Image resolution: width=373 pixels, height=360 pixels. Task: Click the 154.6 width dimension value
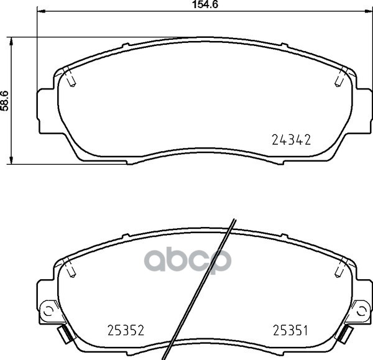[x=205, y=4]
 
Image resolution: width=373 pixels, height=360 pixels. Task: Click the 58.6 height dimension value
[x=5, y=101]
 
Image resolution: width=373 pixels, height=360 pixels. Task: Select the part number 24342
[x=291, y=140]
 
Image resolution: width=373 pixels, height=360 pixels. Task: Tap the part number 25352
[x=126, y=330]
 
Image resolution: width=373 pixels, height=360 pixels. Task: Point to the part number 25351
[x=290, y=330]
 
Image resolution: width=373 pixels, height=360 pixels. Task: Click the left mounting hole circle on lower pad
[x=48, y=310]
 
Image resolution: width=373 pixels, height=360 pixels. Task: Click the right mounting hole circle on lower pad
[x=361, y=310]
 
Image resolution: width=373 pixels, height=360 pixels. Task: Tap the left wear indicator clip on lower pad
[x=65, y=334]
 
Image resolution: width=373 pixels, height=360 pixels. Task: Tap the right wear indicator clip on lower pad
[x=344, y=334]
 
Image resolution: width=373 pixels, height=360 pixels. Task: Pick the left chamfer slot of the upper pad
[x=70, y=76]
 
